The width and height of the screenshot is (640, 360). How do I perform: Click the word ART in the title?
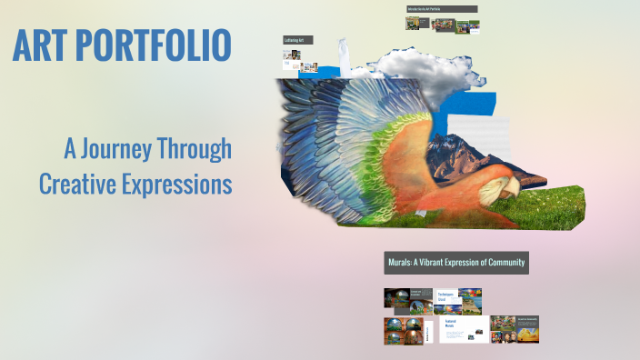45,46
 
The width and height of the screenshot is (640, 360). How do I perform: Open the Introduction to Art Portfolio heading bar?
442,9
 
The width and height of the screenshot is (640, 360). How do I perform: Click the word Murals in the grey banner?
402,263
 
